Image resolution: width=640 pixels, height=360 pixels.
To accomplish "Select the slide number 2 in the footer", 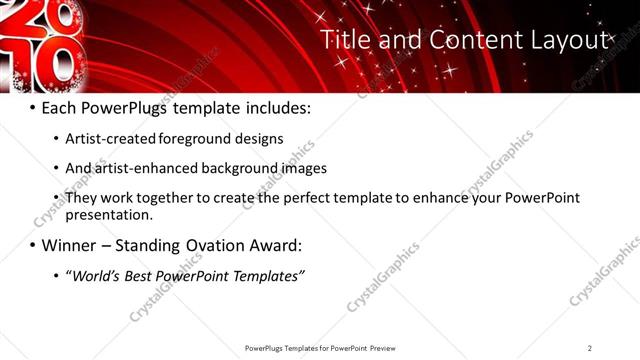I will pos(590,347).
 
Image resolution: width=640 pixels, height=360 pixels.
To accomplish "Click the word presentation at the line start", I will pos(108,214).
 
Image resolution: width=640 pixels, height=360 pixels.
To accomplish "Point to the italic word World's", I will pos(96,275).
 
